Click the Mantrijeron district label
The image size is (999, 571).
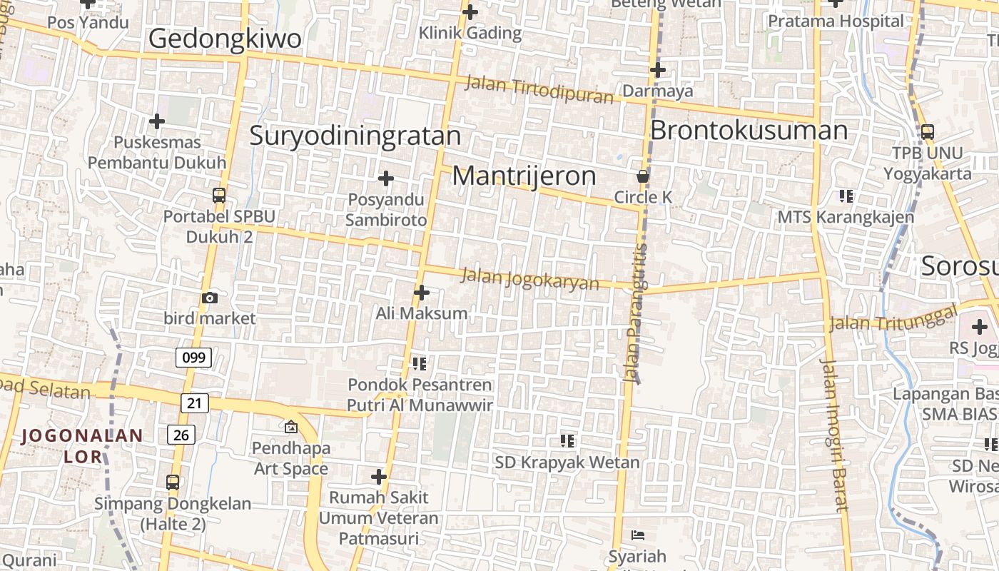[x=524, y=176]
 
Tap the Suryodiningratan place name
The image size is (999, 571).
[x=355, y=136]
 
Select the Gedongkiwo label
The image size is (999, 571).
[x=225, y=39]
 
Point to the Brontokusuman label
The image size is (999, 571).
[x=749, y=131]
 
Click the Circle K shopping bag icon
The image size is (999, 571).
[x=643, y=176]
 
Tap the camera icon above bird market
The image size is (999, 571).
[x=210, y=298]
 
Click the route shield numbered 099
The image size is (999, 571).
[x=193, y=357]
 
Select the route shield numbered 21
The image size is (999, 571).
[x=194, y=403]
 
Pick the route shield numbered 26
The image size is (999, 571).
[x=182, y=433]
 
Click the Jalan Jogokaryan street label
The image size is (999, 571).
[x=530, y=278]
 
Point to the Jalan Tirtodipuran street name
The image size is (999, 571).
[x=539, y=89]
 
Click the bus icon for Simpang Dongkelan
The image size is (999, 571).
[x=173, y=482]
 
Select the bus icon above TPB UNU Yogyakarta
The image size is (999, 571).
[x=927, y=132]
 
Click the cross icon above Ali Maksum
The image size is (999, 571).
[x=422, y=292]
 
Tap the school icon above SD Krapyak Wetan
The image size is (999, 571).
[x=567, y=440]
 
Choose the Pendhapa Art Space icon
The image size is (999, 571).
[x=290, y=427]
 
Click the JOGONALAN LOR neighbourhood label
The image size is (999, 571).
[x=82, y=445]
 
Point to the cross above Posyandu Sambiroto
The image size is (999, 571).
[x=386, y=178]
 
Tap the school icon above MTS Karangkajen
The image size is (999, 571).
[x=846, y=196]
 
